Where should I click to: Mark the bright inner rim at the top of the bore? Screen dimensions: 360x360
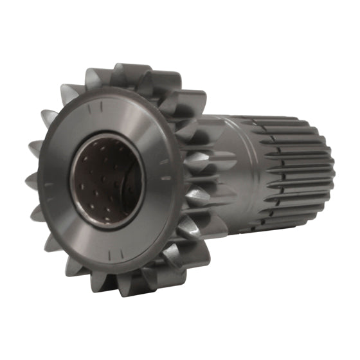(106, 138)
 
